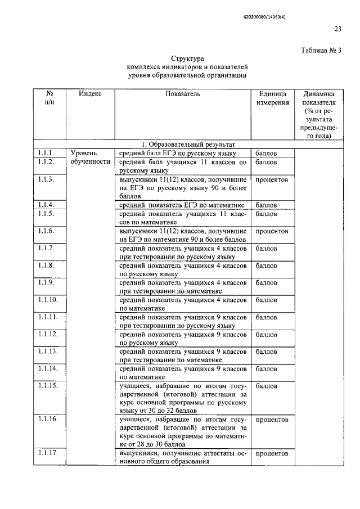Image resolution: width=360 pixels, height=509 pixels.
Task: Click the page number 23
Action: (337, 29)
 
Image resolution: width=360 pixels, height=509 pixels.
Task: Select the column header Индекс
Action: (90, 94)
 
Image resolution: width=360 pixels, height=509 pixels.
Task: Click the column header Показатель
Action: (183, 94)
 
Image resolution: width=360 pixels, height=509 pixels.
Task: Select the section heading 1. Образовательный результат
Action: (187, 145)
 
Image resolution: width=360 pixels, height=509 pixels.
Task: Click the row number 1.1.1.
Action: (46, 153)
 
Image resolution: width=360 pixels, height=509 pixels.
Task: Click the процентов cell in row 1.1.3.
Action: (272, 180)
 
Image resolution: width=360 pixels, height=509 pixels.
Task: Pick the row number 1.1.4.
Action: (46, 205)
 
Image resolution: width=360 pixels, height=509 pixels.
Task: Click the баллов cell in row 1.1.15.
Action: (266, 386)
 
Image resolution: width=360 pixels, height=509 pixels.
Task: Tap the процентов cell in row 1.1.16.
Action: (272, 420)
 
